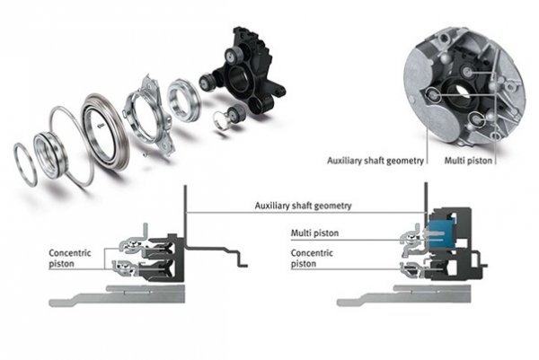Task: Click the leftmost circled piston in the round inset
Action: (x=434, y=94)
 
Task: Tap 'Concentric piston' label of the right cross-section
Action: (x=311, y=259)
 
